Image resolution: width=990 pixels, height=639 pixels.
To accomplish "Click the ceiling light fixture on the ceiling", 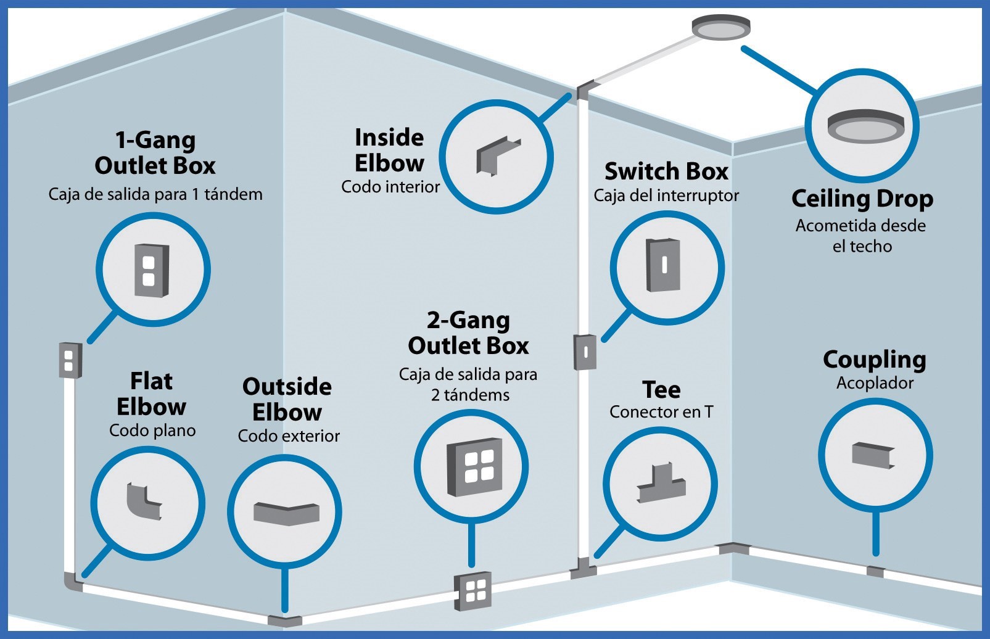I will tap(720, 28).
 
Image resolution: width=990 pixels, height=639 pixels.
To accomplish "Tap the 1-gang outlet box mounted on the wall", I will tap(70, 359).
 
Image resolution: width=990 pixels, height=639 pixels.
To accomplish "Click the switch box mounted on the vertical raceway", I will tap(585, 352).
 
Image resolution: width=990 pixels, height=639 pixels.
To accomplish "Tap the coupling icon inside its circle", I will tap(873, 455).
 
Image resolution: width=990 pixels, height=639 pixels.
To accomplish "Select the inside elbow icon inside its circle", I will tap(497, 156).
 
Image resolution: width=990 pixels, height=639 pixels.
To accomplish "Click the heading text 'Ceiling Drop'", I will tap(862, 199).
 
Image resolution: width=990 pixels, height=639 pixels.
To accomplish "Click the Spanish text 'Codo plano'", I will tap(152, 431).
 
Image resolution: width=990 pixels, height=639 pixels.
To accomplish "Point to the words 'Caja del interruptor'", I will tap(666, 196).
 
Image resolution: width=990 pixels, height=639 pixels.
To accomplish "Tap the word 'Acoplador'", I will tap(875, 383).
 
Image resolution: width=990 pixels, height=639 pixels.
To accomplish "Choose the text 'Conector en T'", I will tap(661, 412).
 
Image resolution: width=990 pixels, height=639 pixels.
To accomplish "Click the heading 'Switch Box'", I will tap(666, 171).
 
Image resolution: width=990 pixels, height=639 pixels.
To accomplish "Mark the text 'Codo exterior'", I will tap(289, 436).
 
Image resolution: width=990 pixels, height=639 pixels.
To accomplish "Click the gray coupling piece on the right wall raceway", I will tap(875, 571).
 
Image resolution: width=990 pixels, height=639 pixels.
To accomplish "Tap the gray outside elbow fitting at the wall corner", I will tap(284, 621).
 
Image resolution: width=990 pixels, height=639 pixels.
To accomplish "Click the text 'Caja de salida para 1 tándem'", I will tap(155, 194).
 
